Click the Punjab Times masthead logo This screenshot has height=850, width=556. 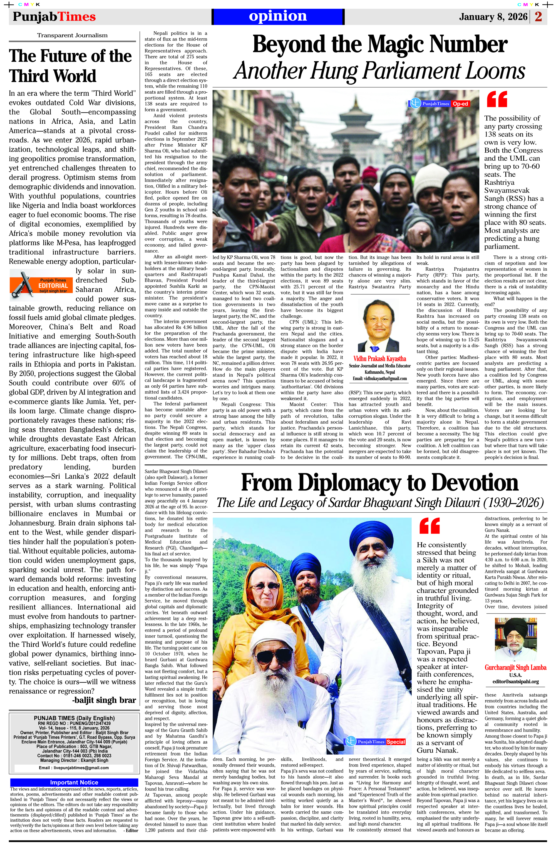(x=54, y=17)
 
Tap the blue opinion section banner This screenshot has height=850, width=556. (x=278, y=16)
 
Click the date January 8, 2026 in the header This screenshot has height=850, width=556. (x=493, y=17)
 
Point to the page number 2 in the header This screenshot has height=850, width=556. (x=538, y=17)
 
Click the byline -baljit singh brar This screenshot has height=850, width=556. (x=104, y=700)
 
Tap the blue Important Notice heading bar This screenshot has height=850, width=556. (x=74, y=782)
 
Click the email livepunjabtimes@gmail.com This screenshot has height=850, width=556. (x=74, y=767)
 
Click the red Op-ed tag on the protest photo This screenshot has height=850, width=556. (x=460, y=104)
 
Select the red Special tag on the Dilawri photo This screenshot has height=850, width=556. (x=396, y=742)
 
